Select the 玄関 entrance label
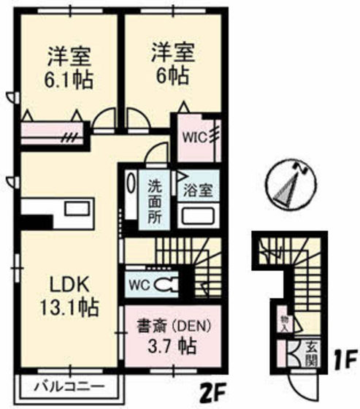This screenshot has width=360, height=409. click(x=311, y=351)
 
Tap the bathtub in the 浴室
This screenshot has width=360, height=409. click(x=197, y=216)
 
